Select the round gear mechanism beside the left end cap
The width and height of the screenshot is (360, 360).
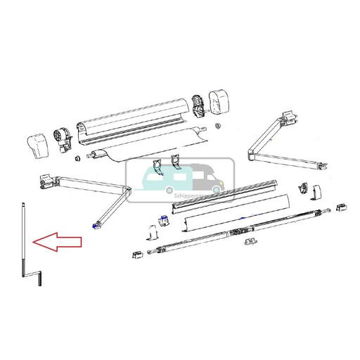coord(61,138)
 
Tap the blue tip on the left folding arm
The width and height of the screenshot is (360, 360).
coord(94,226)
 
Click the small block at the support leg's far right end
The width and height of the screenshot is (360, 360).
coord(342,207)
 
